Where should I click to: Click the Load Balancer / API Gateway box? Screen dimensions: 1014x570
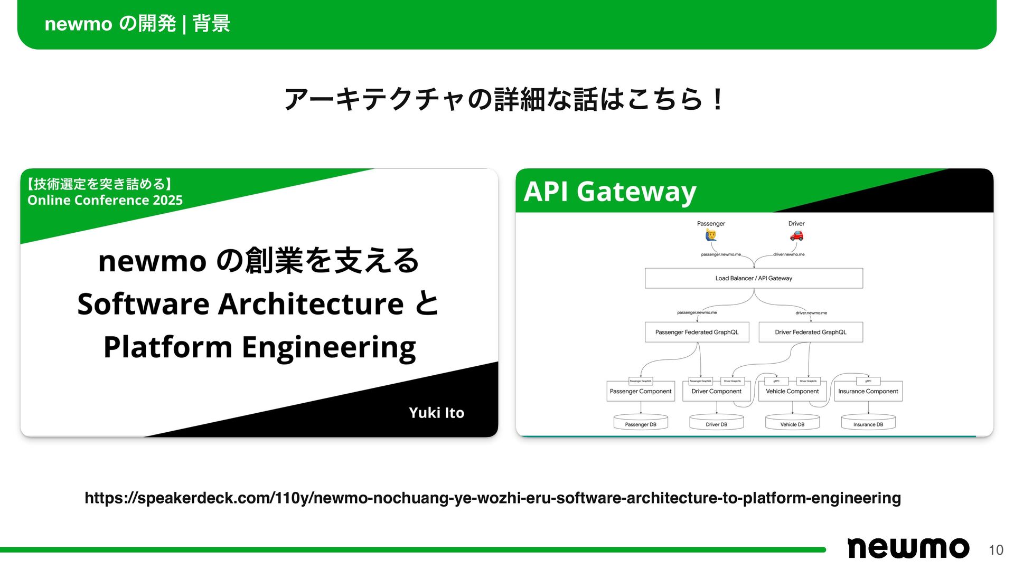754,278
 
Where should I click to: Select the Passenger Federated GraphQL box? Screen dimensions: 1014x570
697,332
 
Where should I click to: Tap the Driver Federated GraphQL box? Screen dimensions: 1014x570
810,332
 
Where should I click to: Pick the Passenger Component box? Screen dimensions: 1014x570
640,392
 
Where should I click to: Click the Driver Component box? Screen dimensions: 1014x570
716,392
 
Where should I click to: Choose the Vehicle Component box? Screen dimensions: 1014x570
792,392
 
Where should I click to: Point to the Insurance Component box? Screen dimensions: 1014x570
868,392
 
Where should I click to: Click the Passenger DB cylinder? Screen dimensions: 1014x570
641,423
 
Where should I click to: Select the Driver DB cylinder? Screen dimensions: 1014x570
716,423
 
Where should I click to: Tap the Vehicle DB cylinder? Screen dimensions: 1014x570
792,423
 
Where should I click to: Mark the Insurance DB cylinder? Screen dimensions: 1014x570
868,423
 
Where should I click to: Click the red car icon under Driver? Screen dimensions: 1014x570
796,235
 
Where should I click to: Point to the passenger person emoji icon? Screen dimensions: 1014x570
711,235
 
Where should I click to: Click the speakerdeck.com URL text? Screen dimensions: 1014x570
492,498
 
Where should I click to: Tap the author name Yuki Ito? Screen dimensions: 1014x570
436,413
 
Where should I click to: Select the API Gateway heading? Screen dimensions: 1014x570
609,192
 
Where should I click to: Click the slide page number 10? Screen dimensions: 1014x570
996,550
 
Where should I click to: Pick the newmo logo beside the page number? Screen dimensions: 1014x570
908,548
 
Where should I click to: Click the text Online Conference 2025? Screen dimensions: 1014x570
105,201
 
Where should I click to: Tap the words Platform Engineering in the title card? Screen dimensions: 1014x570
259,347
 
